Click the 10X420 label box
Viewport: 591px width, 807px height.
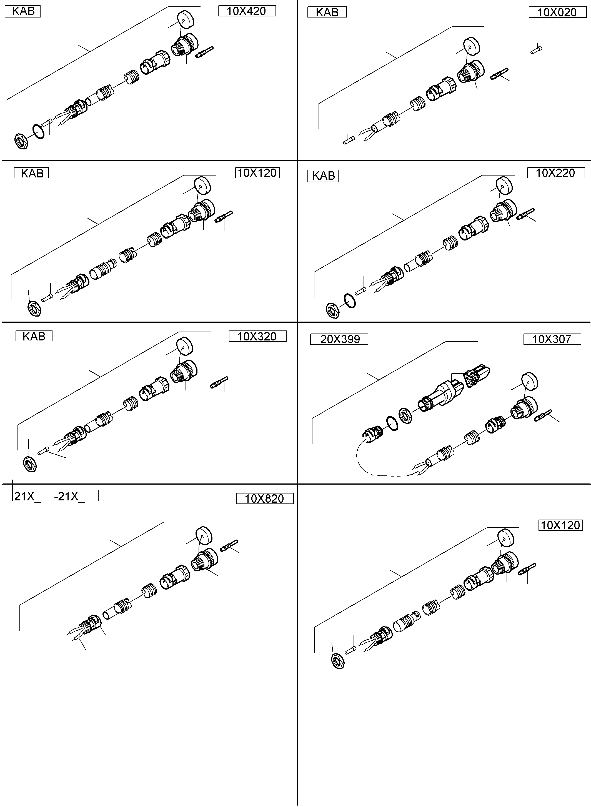point(247,11)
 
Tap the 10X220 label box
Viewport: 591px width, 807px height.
point(555,173)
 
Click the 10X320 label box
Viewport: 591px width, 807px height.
point(257,337)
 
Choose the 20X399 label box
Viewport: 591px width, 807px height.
point(339,339)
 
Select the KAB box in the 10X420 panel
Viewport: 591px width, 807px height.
point(23,11)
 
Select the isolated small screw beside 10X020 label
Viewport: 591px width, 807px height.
point(536,49)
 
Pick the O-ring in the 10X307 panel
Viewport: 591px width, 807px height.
point(392,423)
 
